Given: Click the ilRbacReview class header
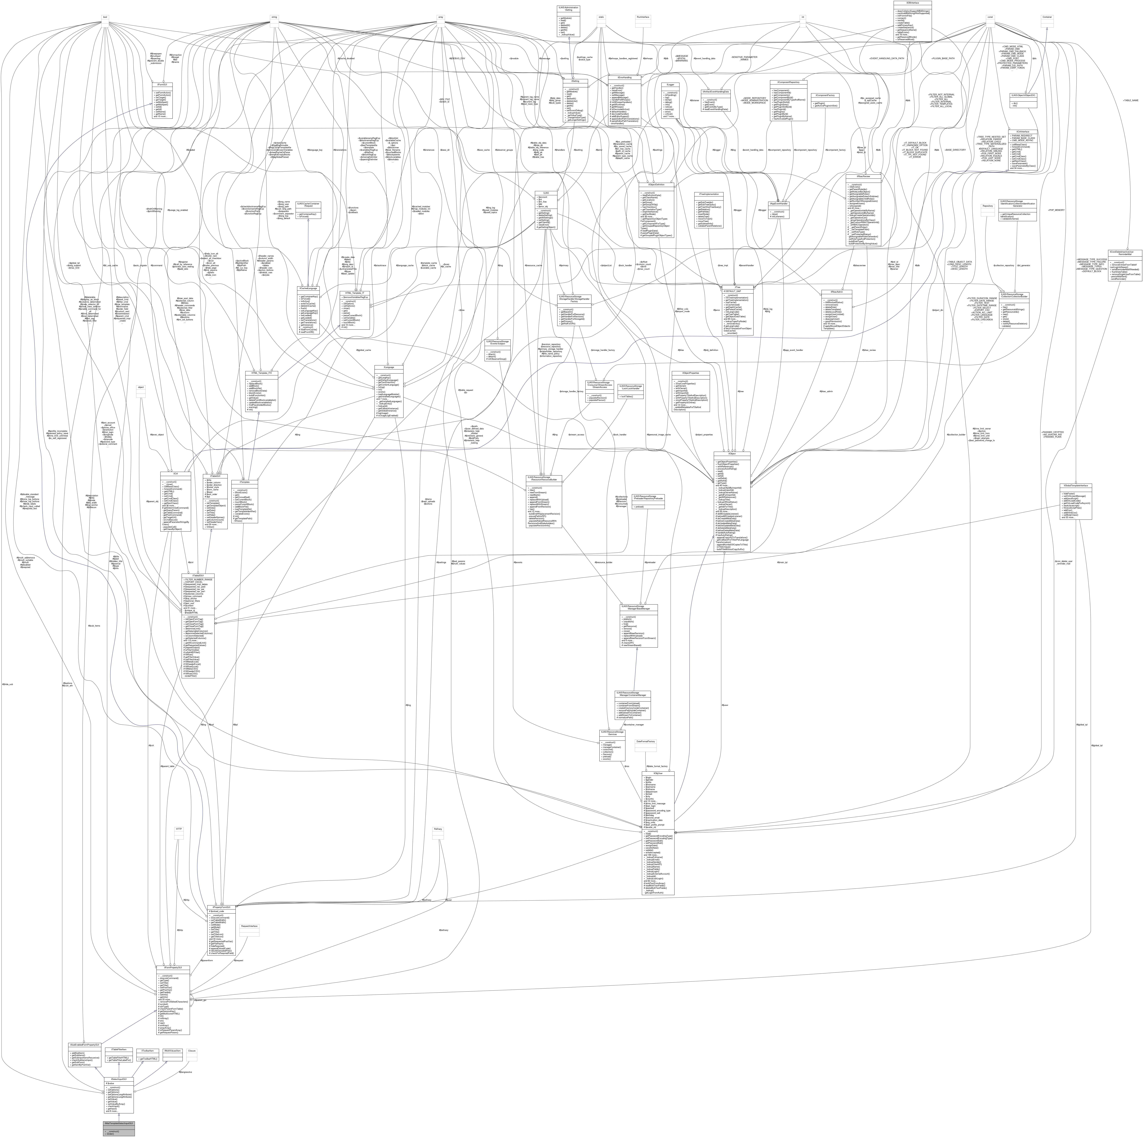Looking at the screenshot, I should click(864, 176).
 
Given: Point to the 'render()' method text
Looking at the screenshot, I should click(111, 1133).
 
